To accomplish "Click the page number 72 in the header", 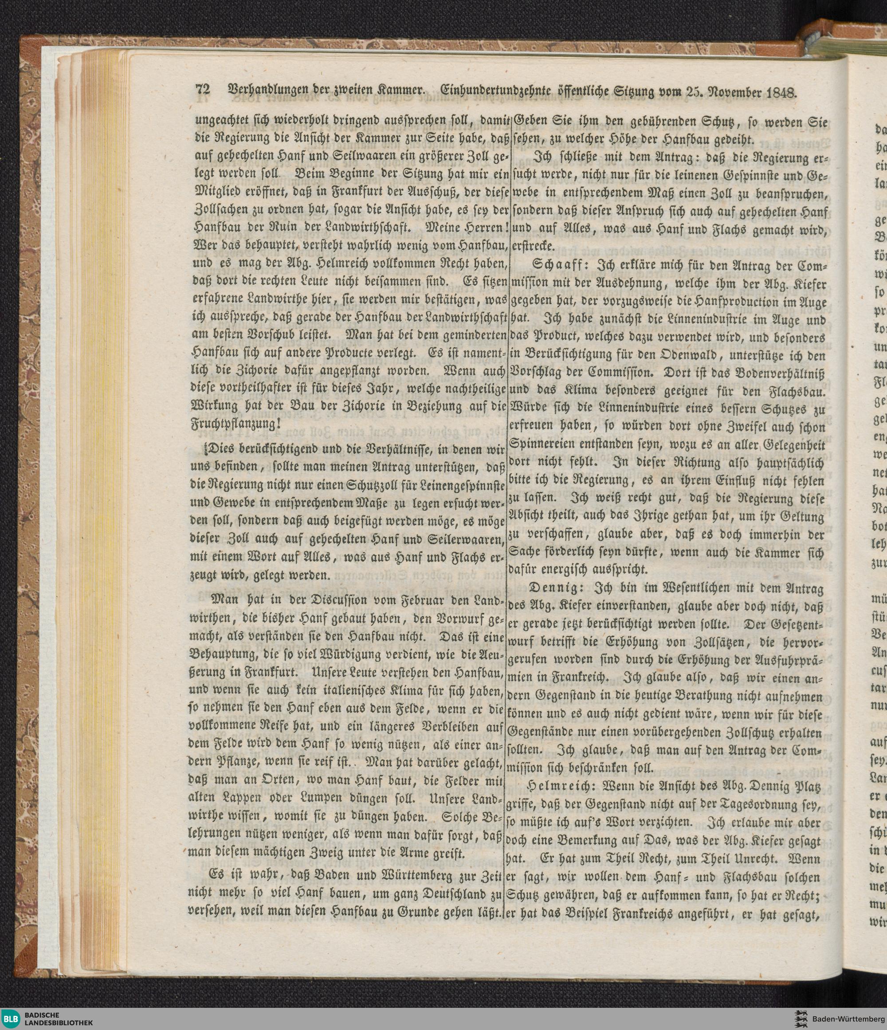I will [203, 90].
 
